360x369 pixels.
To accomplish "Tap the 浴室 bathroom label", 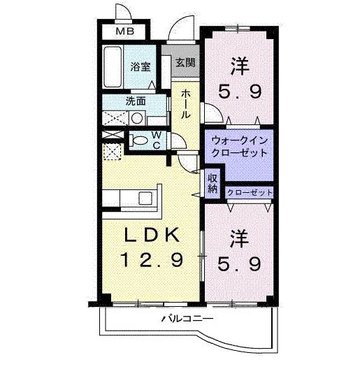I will point(141,67).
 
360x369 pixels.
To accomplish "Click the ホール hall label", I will point(185,105).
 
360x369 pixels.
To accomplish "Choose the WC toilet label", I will point(157,139).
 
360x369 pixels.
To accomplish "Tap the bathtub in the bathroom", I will point(113,68).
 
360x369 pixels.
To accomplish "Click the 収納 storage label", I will point(213,182).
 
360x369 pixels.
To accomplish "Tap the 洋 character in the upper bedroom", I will point(240,65).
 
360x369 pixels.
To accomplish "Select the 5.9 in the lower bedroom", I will point(240,264).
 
